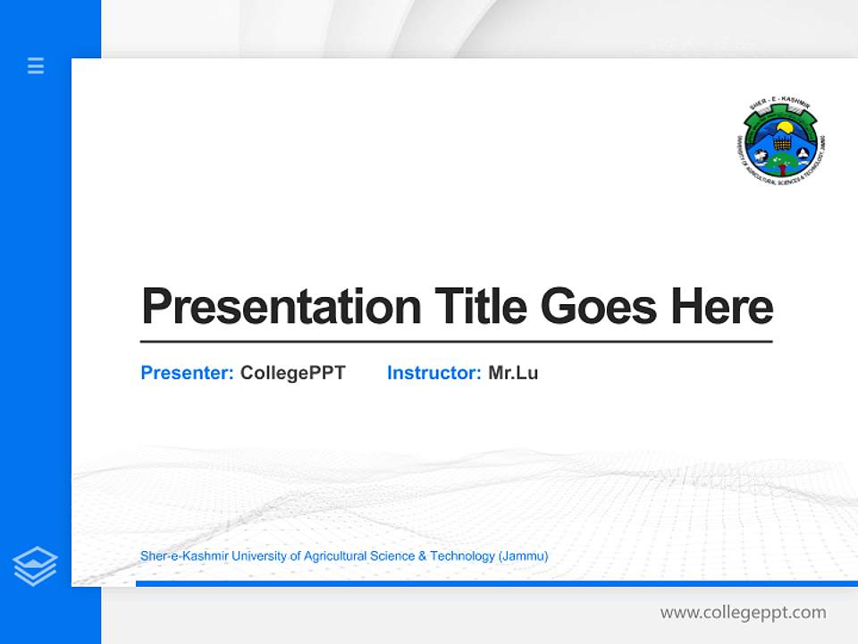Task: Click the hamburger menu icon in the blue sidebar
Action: [x=36, y=65]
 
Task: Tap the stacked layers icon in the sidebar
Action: [x=35, y=566]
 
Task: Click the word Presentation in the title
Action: [x=281, y=307]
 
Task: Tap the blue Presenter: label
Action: [x=188, y=373]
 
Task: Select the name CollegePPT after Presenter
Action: [x=292, y=373]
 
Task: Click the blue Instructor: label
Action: [x=434, y=373]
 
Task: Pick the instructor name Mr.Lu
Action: [x=513, y=373]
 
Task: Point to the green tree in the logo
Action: [x=782, y=160]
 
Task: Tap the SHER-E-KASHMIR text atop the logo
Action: [x=779, y=106]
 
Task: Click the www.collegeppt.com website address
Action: [x=743, y=613]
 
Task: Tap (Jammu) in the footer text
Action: [x=524, y=556]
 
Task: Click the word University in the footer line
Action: [x=241, y=556]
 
